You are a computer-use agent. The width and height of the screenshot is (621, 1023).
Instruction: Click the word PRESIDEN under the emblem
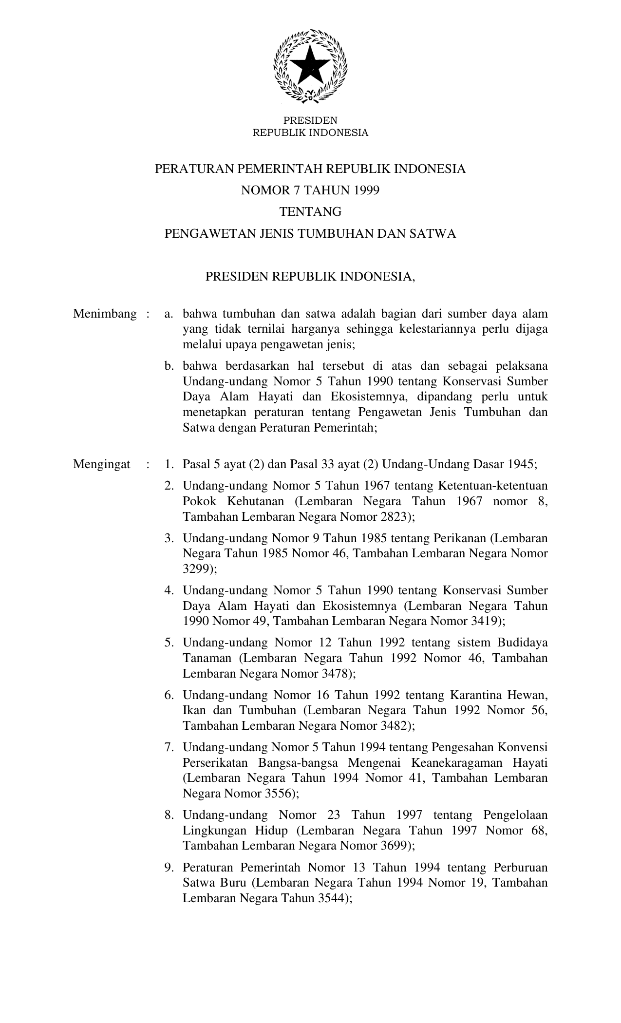pyautogui.click(x=310, y=120)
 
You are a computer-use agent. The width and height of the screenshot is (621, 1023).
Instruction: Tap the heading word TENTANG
pyautogui.click(x=310, y=212)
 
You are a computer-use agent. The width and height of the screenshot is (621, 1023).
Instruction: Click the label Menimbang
pyautogui.click(x=105, y=314)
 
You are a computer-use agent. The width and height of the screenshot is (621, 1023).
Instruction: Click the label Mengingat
pyautogui.click(x=102, y=464)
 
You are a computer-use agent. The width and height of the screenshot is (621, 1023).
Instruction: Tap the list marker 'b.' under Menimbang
pyautogui.click(x=169, y=365)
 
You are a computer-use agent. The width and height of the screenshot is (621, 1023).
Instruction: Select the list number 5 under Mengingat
pyautogui.click(x=169, y=643)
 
